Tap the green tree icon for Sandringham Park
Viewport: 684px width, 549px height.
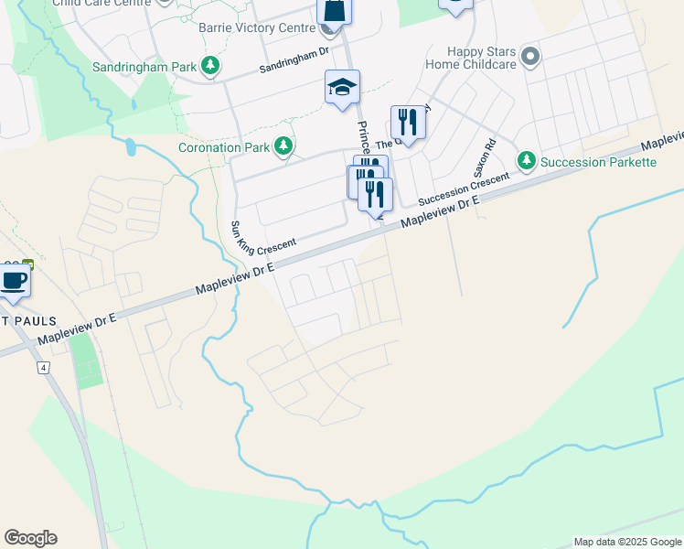pyautogui.click(x=210, y=66)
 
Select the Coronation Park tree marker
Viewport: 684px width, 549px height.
pyautogui.click(x=284, y=145)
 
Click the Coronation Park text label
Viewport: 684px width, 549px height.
pyautogui.click(x=224, y=146)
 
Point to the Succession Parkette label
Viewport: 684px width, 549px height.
pyautogui.click(x=598, y=162)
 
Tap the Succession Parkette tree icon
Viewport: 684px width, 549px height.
pyautogui.click(x=526, y=161)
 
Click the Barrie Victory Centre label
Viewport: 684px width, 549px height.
pyautogui.click(x=258, y=27)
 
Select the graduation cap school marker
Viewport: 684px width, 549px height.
pyautogui.click(x=343, y=88)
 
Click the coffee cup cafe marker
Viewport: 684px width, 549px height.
pyautogui.click(x=13, y=279)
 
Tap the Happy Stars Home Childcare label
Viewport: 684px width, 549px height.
pyautogui.click(x=476, y=60)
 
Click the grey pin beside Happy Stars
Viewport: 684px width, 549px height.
pyautogui.click(x=530, y=59)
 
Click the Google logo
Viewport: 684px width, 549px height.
pyautogui.click(x=30, y=538)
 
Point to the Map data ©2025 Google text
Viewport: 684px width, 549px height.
pyautogui.click(x=627, y=542)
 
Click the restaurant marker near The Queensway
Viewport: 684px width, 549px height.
pyautogui.click(x=408, y=122)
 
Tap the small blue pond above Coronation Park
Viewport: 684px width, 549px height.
pyautogui.click(x=131, y=145)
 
